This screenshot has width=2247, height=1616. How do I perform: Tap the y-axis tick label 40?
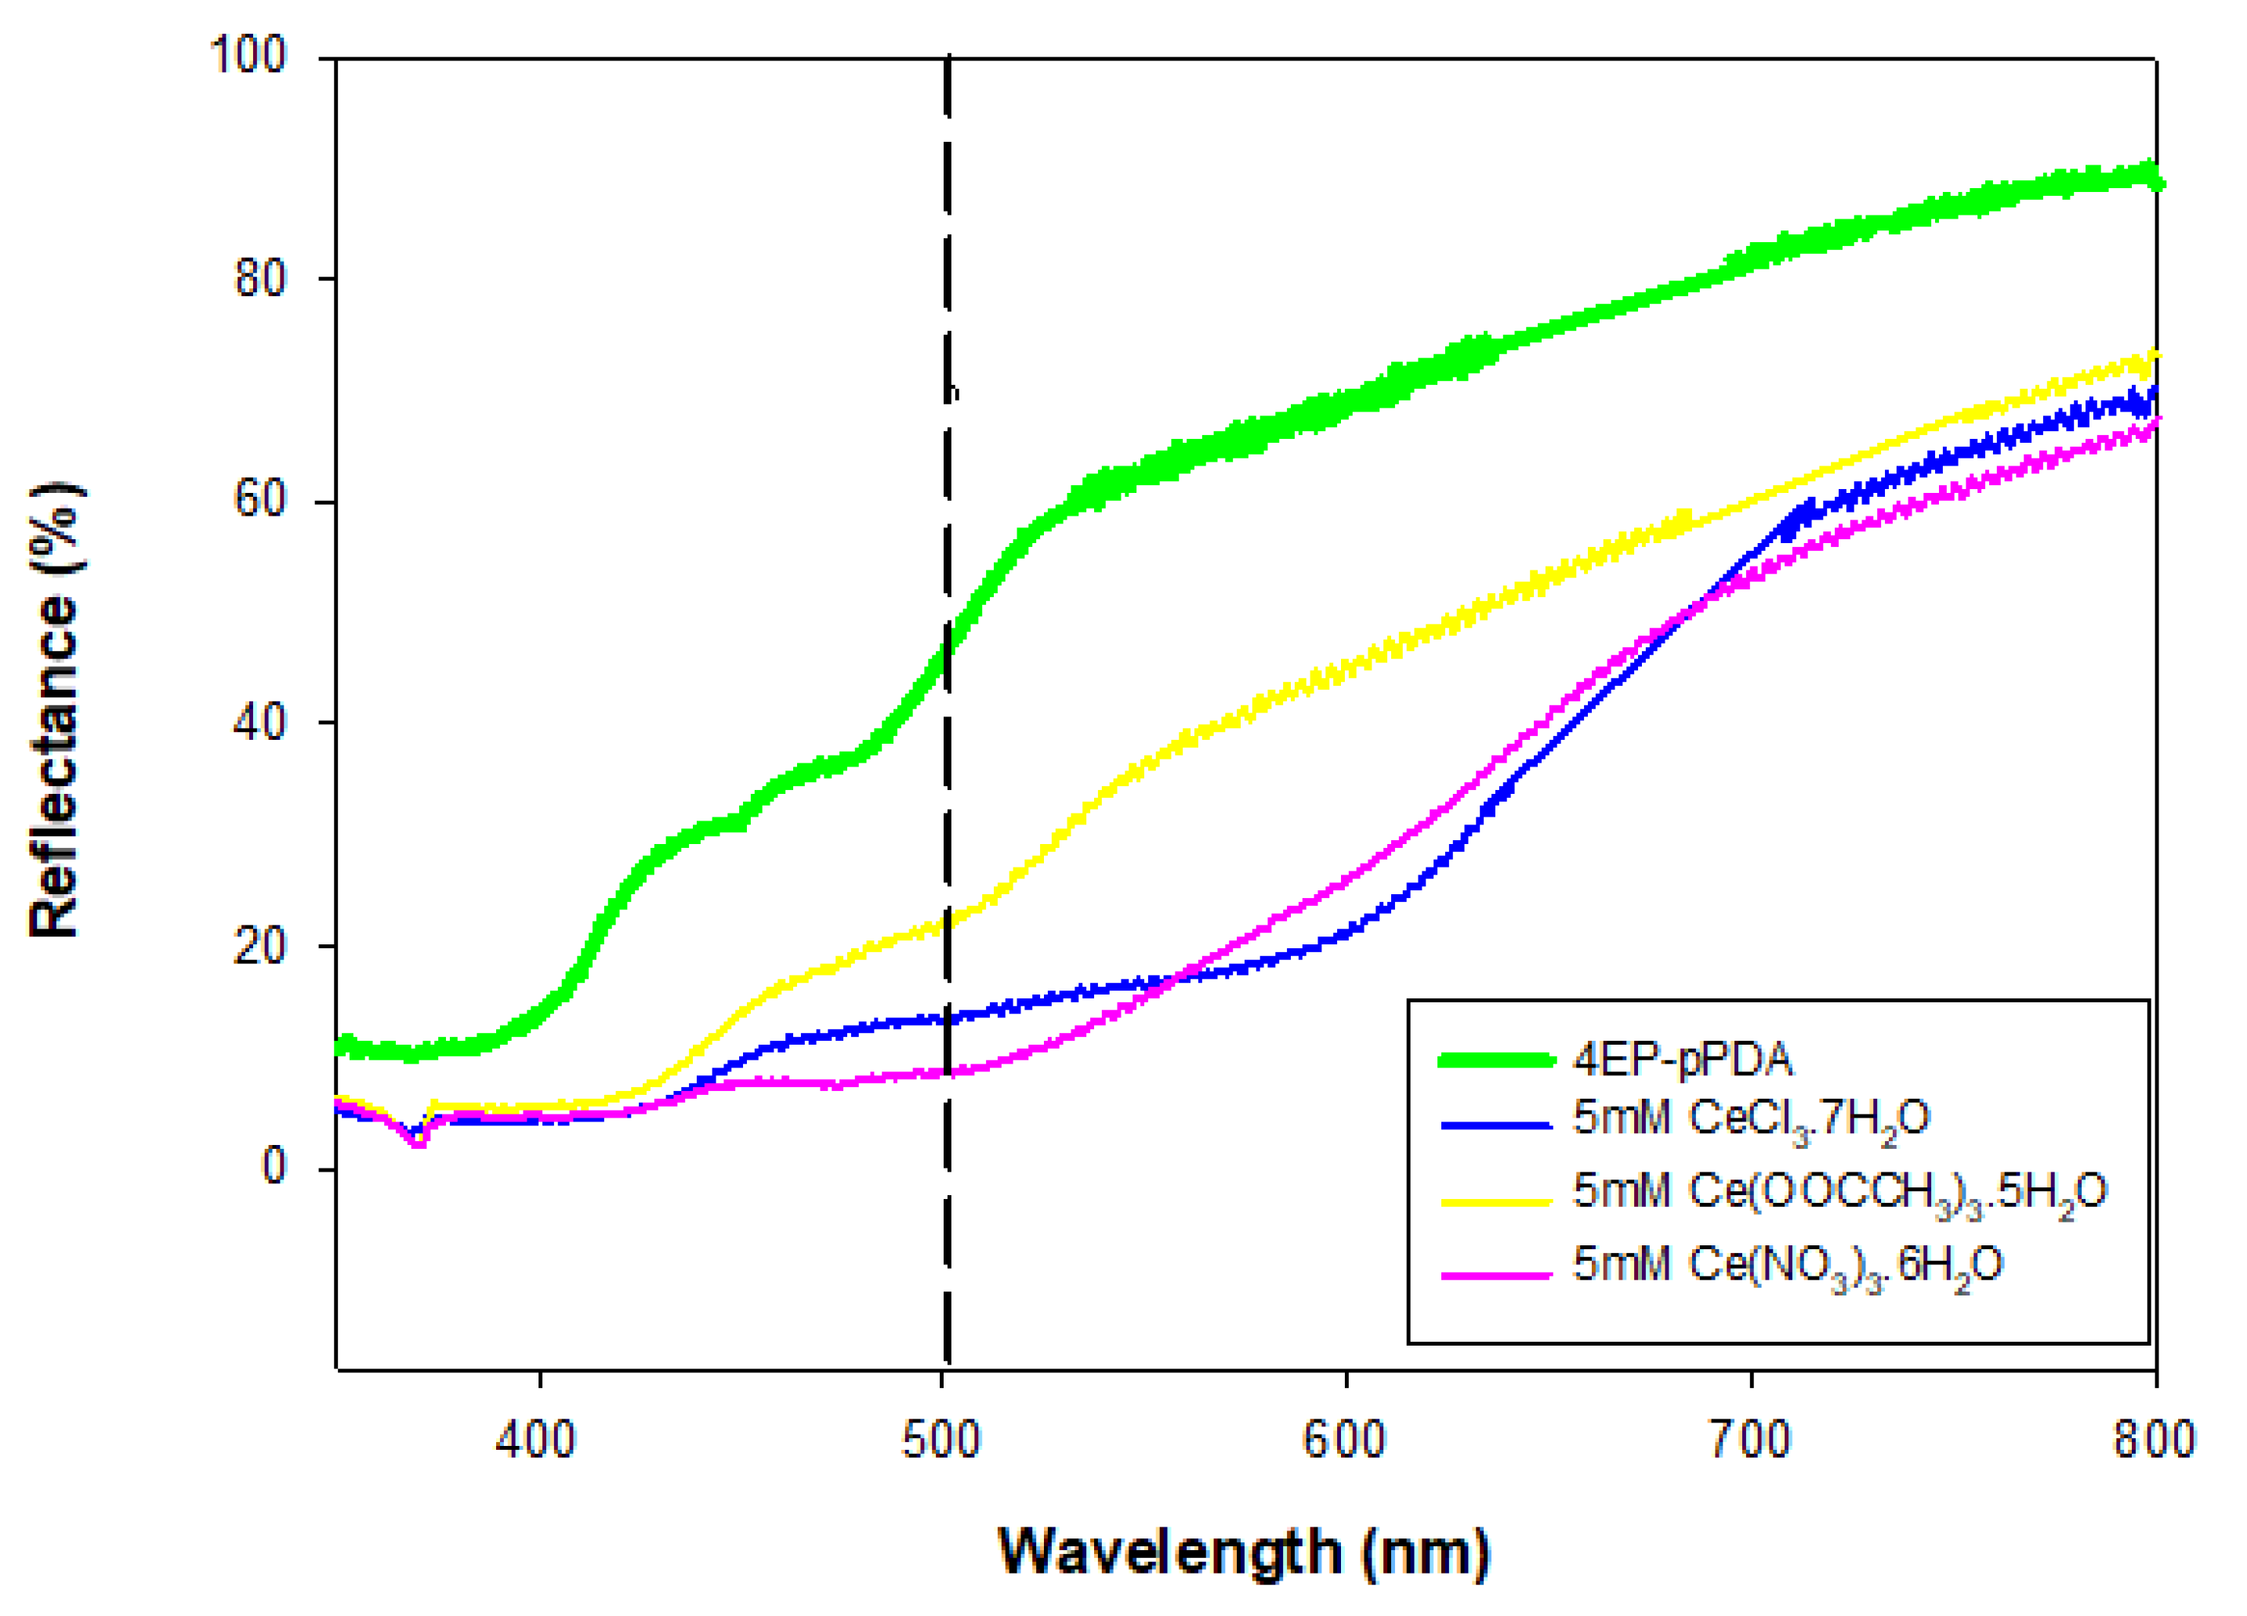[x=260, y=723]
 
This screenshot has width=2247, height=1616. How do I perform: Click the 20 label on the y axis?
[x=260, y=946]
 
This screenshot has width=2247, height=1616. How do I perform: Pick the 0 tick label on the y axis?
[x=274, y=1167]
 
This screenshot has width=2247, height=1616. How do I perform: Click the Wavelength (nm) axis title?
[x=1245, y=1553]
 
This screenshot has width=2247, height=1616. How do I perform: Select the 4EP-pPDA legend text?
[x=1682, y=1061]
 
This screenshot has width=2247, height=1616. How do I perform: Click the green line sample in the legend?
[x=1496, y=1061]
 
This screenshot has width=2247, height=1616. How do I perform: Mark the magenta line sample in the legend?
[x=1496, y=1275]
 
